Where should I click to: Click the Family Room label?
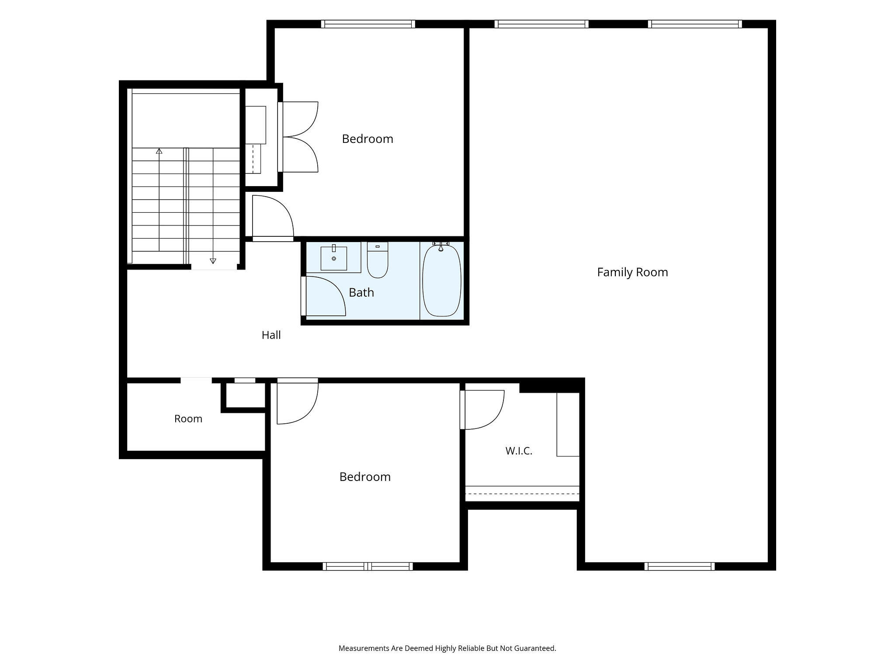pos(632,272)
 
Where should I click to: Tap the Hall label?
pos(271,335)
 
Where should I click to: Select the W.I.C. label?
pos(519,451)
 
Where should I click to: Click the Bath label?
pos(361,292)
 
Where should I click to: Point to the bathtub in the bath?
pos(442,280)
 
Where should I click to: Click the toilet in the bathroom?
pos(378,260)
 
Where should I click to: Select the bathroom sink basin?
pos(334,258)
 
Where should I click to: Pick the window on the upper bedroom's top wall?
pos(368,24)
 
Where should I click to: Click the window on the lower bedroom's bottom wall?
pos(368,566)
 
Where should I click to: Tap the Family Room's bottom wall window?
pos(680,566)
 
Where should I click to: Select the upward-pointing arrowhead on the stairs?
pos(159,151)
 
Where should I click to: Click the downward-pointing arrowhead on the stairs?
pos(213,261)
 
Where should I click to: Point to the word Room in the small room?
pos(188,419)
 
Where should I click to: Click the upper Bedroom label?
pos(368,139)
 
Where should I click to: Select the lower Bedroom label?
pos(365,477)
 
